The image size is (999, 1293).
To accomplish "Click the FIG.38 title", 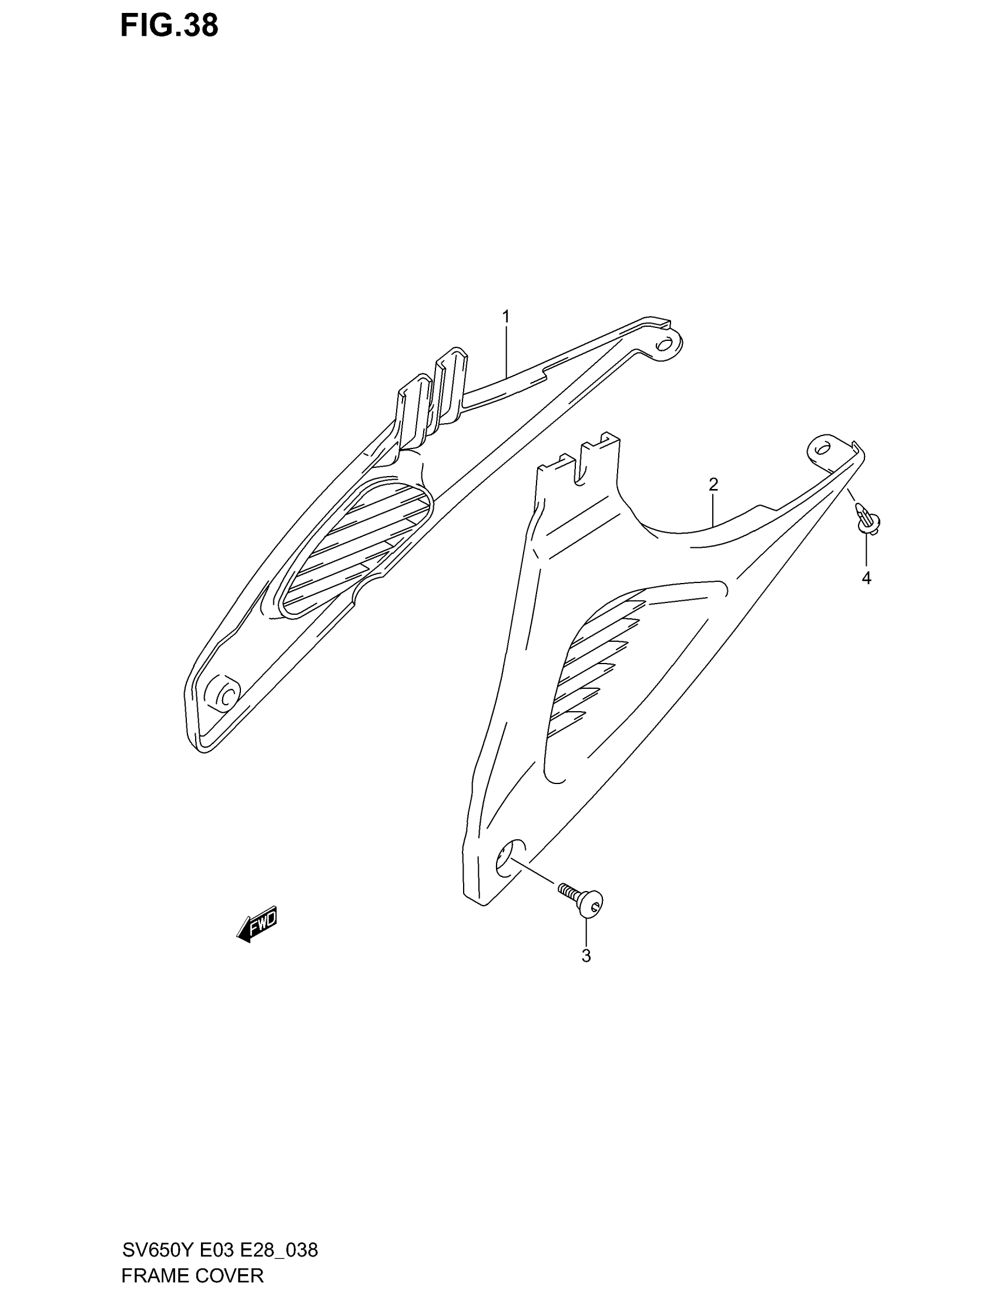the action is pos(169,26).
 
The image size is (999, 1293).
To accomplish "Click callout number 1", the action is pos(506,317).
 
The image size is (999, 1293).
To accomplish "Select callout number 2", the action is pos(713,484).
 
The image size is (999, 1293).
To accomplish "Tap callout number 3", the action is pos(586,956).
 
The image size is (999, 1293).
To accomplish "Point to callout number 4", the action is pos(866,578).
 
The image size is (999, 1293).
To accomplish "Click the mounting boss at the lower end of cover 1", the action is pos(223,693).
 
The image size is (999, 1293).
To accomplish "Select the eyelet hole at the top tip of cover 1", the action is pos(665,344).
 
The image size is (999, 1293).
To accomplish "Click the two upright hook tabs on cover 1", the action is pos(432,394).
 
